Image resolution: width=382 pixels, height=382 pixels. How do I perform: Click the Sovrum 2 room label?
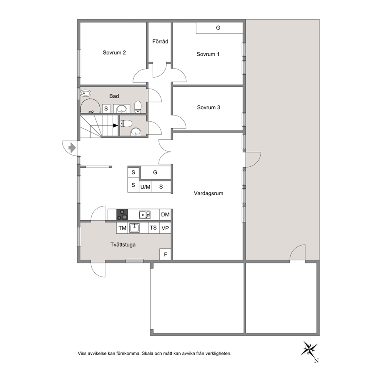point(114,53)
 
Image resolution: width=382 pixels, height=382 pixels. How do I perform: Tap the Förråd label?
point(160,42)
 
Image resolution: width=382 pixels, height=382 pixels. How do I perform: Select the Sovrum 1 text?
point(208,54)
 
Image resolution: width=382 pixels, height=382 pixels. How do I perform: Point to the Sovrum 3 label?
point(208,107)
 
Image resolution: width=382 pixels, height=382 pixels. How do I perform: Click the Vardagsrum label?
point(208,193)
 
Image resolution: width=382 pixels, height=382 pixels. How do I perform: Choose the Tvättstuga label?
point(123,245)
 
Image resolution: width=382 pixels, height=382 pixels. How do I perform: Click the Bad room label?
point(114,96)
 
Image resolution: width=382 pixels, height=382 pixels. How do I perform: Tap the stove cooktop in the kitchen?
point(122,214)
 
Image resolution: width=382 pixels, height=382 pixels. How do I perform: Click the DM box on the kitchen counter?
point(165,214)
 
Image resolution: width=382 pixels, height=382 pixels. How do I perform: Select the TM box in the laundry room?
point(122,228)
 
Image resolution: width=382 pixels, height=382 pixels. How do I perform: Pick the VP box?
point(165,228)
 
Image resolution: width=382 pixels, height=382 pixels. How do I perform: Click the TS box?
point(154,228)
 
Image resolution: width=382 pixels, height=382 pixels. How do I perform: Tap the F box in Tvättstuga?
point(166,255)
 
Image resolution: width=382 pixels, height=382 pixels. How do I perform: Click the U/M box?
point(145,187)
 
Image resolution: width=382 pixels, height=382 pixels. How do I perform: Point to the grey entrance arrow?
point(72,148)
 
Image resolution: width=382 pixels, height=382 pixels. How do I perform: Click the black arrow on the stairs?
point(115,126)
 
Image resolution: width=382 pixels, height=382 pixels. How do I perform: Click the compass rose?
point(309,349)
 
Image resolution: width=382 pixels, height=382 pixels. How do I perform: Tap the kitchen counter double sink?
point(145,215)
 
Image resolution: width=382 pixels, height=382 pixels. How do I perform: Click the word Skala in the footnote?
point(147,353)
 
